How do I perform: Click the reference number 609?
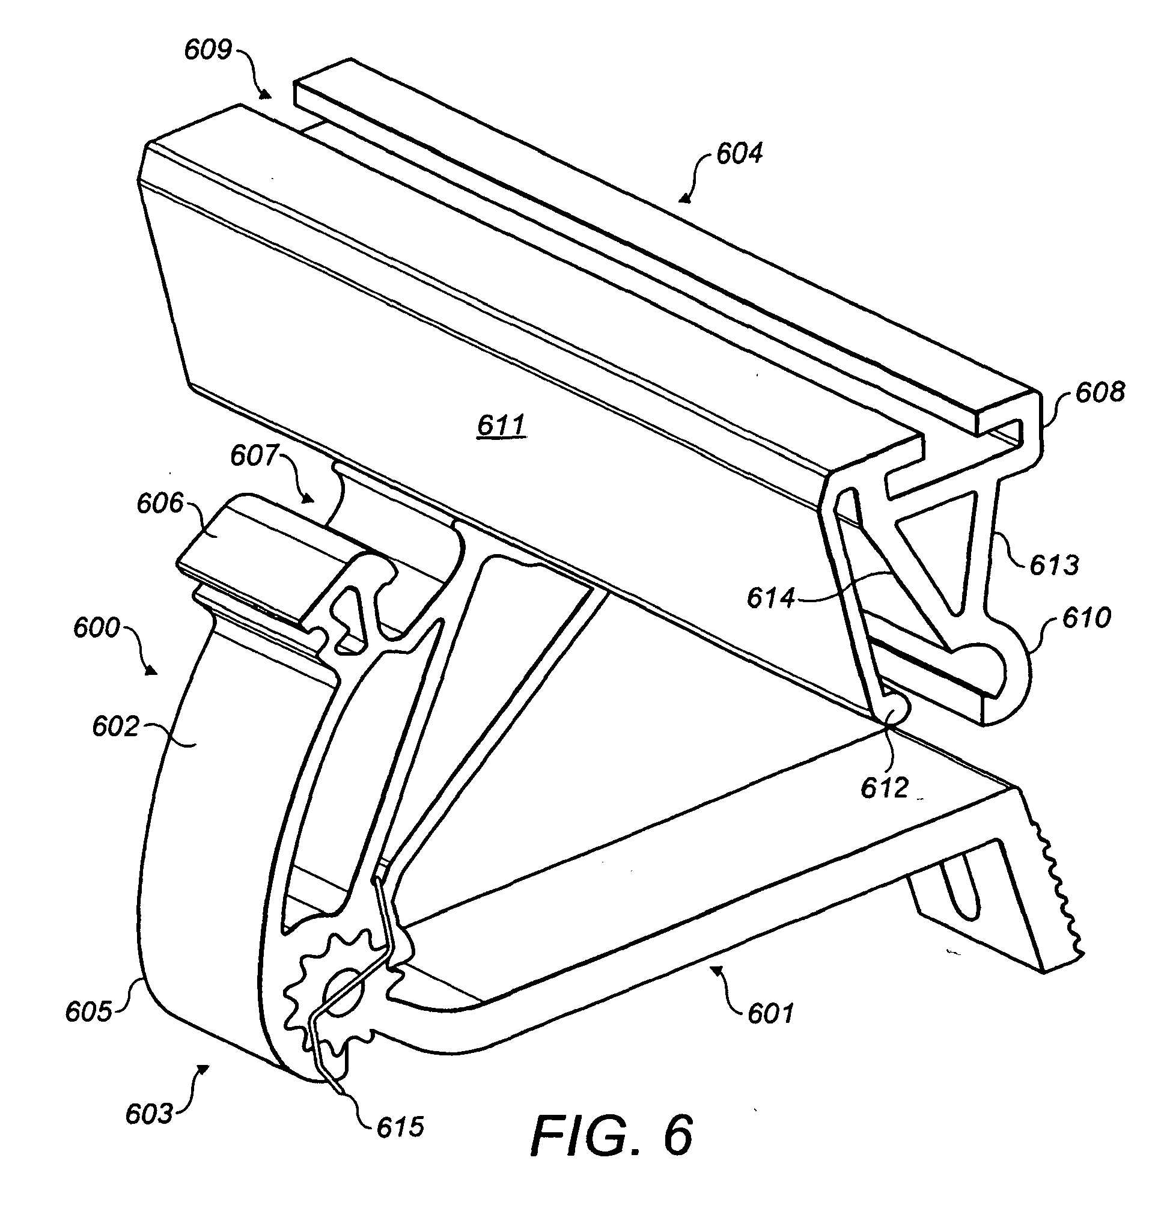tap(207, 49)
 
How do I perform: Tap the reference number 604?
tap(739, 153)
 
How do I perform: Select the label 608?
tap(1100, 392)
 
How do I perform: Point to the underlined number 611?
tap(502, 426)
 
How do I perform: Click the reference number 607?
tap(254, 456)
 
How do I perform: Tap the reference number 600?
tap(96, 628)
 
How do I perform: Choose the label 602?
tap(115, 727)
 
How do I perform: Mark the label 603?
tap(148, 1114)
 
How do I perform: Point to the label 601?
tap(770, 1014)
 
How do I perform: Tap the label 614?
tap(770, 599)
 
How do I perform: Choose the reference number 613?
tap(1055, 564)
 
